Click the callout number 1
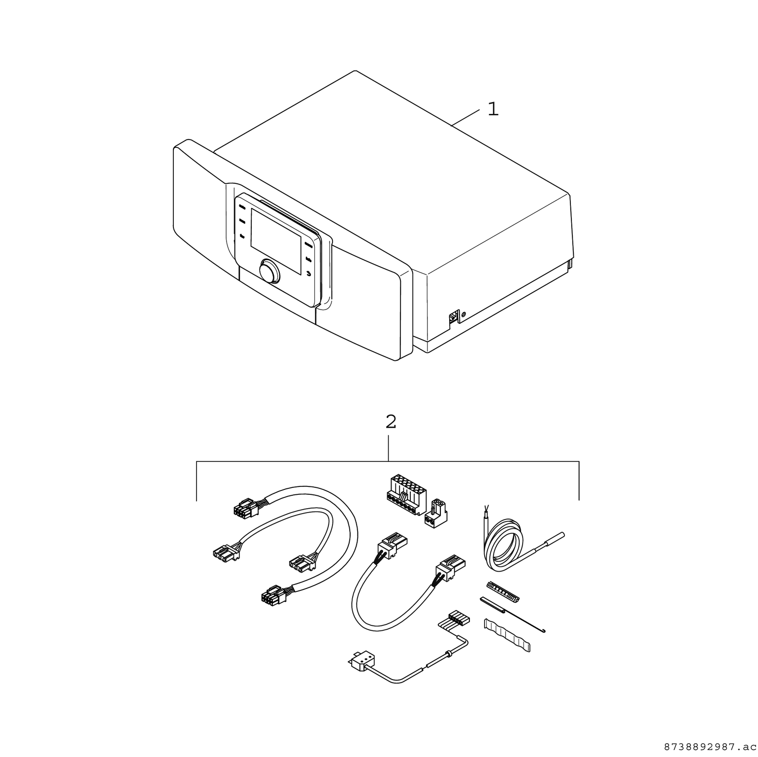pyautogui.click(x=493, y=109)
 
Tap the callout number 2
pyautogui.click(x=390, y=422)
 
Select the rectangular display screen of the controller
pyautogui.click(x=276, y=241)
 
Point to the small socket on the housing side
pyautogui.click(x=453, y=317)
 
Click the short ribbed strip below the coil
pyautogui.click(x=503, y=591)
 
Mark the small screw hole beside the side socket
pyautogui.click(x=464, y=313)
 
